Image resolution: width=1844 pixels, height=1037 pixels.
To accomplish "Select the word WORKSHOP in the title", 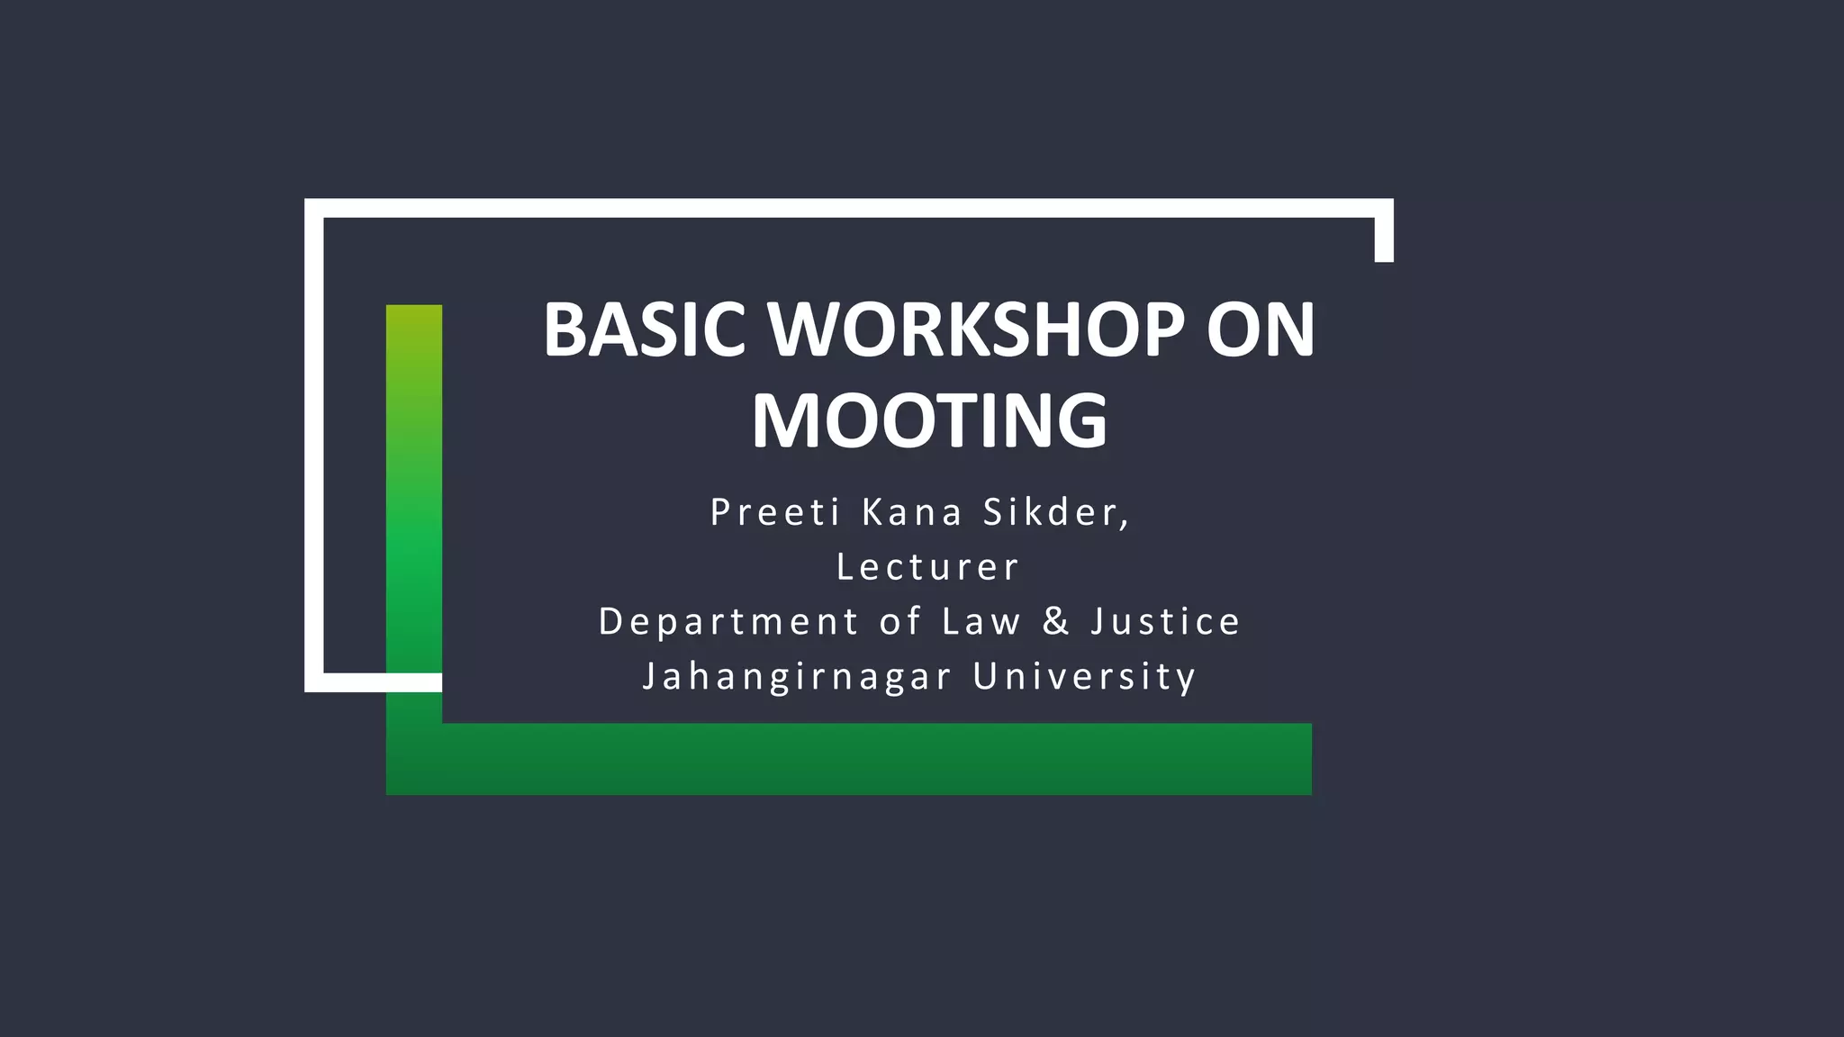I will (976, 329).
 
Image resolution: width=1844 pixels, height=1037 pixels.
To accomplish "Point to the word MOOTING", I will (929, 420).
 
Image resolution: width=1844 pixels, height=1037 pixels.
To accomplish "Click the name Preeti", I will (775, 512).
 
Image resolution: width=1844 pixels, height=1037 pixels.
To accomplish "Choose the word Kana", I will (912, 512).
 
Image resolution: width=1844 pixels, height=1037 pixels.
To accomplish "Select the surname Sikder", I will (1054, 512).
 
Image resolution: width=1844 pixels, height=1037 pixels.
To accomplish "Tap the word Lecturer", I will (928, 567).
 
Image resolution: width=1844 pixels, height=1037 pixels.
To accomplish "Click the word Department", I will (729, 622).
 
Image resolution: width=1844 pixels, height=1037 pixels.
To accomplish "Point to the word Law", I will (981, 622).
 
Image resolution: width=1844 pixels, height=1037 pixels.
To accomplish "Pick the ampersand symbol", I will (1056, 622).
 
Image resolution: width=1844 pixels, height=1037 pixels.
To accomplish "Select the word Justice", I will (1166, 622).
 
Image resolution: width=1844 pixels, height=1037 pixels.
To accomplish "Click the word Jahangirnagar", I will (797, 677).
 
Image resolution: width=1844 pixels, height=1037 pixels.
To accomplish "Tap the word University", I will (1085, 677).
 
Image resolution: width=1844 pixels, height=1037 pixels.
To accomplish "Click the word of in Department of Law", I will (899, 622).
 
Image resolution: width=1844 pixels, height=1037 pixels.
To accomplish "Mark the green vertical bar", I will (414, 504).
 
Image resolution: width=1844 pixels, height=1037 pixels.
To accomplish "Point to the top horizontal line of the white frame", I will (846, 208).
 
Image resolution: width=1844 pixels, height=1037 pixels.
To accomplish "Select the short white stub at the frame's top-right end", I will (1384, 239).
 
